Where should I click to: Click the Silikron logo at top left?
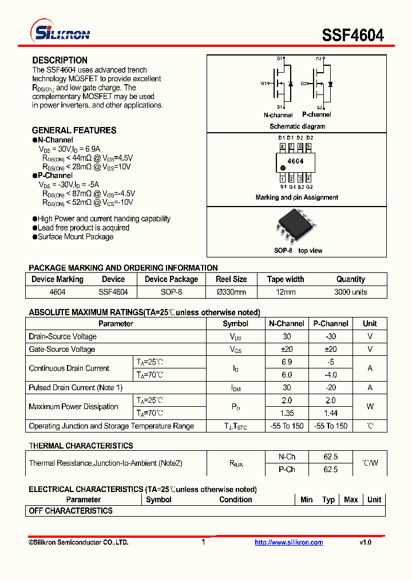[x=61, y=33]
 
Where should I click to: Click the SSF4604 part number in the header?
[x=352, y=35]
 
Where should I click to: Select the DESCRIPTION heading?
[x=60, y=60]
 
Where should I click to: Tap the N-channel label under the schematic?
[x=278, y=115]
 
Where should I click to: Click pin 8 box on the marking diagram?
[x=282, y=146]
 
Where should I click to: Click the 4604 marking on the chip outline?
[x=295, y=161]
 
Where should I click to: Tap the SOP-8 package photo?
[x=295, y=227]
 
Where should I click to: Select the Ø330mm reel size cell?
[x=231, y=292]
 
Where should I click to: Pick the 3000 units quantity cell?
[x=350, y=292]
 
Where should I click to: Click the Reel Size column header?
[x=231, y=279]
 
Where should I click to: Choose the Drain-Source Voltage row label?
[x=62, y=336]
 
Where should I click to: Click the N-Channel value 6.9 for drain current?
[x=287, y=362]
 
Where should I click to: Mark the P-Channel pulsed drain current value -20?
[x=331, y=387]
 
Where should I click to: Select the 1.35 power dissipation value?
[x=287, y=413]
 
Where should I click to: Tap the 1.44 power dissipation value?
[x=331, y=413]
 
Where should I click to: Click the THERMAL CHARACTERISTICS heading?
[x=81, y=445]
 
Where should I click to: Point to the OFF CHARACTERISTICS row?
[x=70, y=510]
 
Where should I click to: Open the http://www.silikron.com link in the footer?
[x=288, y=542]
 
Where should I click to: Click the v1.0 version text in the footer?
[x=365, y=542]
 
